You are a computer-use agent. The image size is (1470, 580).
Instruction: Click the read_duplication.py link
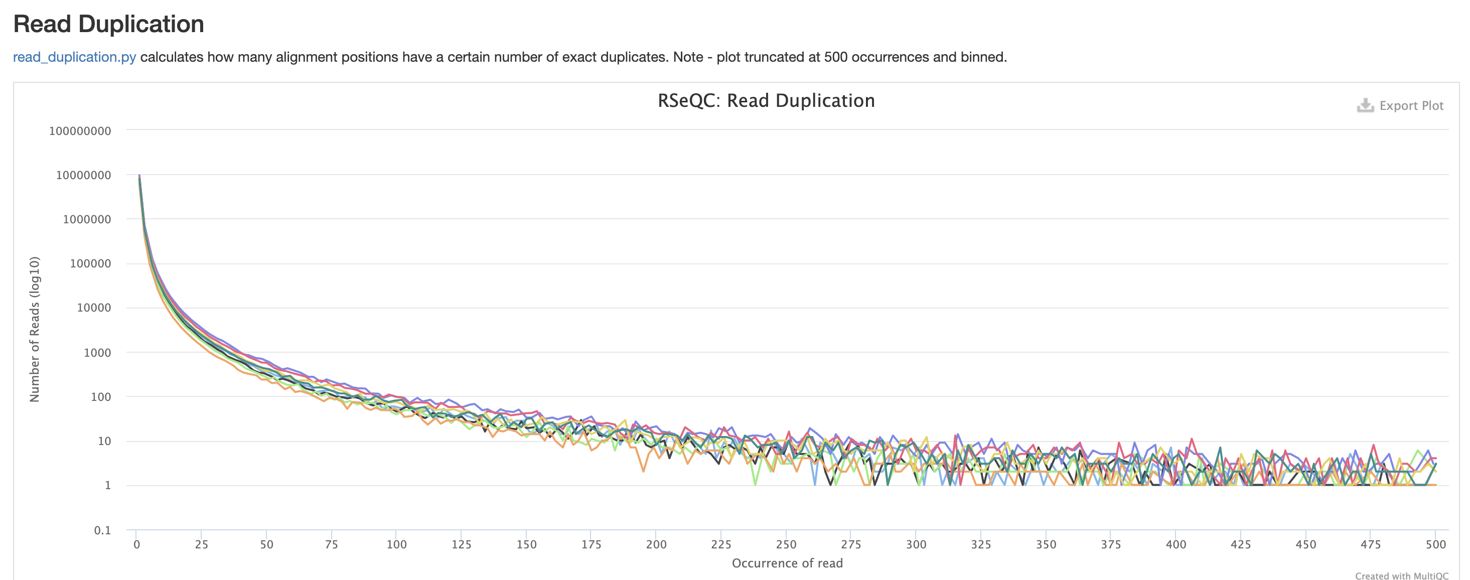click(74, 57)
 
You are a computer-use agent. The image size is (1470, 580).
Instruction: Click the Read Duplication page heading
click(108, 24)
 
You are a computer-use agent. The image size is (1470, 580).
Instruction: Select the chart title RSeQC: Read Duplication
click(766, 101)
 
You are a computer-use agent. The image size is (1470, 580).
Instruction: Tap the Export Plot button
click(1411, 105)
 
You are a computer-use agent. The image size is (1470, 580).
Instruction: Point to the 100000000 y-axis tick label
click(80, 131)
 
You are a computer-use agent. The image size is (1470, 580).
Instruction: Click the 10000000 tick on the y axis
click(83, 175)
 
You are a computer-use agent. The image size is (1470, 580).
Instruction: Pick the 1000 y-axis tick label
click(97, 353)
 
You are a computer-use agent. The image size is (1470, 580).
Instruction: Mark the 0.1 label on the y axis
click(102, 530)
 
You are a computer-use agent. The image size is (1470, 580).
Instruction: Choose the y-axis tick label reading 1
click(107, 485)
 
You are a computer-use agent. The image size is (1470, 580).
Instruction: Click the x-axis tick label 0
click(136, 544)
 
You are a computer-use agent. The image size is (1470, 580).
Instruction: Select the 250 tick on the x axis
click(786, 544)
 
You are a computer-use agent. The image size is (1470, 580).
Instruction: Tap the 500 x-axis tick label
click(1435, 544)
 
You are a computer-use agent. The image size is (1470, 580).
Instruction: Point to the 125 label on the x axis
click(461, 544)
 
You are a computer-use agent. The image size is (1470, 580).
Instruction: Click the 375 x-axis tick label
click(1110, 544)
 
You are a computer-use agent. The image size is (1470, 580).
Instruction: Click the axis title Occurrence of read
click(787, 563)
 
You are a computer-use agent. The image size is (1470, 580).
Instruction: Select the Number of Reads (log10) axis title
click(35, 330)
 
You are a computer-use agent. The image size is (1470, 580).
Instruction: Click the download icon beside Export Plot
click(1365, 105)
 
